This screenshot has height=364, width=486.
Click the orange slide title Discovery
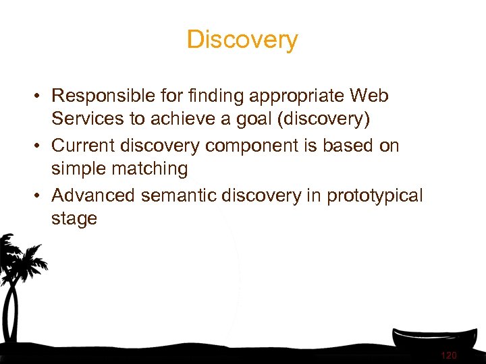coord(242,40)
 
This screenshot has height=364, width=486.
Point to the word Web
coord(369,96)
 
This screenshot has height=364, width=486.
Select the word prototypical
coord(375,195)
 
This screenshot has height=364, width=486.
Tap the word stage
coord(74,219)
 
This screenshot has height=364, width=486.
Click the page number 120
coord(448,355)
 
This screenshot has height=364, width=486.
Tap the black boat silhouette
coord(432,337)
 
